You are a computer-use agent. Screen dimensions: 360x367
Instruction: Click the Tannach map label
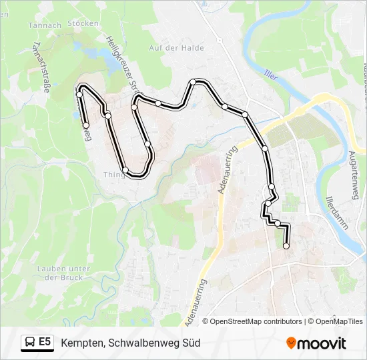pyautogui.click(x=45, y=25)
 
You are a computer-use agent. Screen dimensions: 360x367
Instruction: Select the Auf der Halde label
pyautogui.click(x=176, y=48)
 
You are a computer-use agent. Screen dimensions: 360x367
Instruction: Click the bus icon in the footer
pyautogui.click(x=30, y=343)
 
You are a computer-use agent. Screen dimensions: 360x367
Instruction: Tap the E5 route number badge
pyautogui.click(x=45, y=343)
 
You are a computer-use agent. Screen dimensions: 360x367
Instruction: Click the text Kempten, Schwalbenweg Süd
pyautogui.click(x=131, y=343)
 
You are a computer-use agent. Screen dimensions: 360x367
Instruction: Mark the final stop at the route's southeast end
pyautogui.click(x=286, y=246)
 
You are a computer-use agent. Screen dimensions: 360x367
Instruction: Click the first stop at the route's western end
pyautogui.click(x=86, y=125)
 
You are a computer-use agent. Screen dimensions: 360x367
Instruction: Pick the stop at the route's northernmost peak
pyautogui.click(x=192, y=82)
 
